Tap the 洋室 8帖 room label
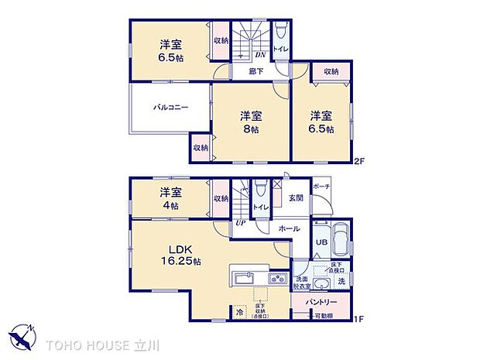coord(249,122)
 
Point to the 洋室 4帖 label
coord(170,199)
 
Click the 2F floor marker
coord(358,162)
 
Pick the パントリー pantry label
coord(321,301)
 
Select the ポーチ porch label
coord(322,187)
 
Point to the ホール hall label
coord(290,229)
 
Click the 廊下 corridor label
coord(255,71)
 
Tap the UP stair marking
coord(241,225)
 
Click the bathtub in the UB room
coord(341,237)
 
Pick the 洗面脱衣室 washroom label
coord(302,283)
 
